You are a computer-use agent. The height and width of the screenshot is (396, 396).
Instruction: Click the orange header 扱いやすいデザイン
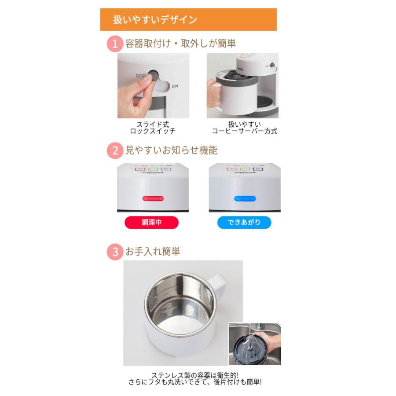188,19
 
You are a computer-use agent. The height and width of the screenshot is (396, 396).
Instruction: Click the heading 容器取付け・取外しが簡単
180,44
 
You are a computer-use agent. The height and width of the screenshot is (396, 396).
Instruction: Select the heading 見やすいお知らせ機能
171,150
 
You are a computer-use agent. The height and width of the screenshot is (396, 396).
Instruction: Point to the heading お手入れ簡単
153,252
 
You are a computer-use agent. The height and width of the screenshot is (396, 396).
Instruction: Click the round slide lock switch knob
154,76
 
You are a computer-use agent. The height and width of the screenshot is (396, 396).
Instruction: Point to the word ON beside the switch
175,86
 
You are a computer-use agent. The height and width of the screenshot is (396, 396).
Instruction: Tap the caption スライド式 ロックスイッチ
153,128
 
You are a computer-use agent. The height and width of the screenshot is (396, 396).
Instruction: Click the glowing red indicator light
153,199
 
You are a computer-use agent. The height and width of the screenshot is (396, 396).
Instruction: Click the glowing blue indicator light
244,199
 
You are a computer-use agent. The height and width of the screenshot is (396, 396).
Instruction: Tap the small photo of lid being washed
254,345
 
